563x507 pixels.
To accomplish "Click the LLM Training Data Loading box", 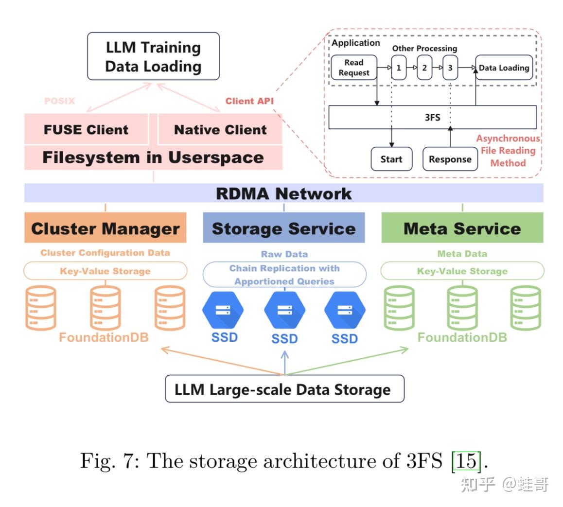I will point(153,56).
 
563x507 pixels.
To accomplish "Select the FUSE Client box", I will point(86,130).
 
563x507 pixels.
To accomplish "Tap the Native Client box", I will point(220,130).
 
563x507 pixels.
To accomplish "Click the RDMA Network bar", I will point(283,193).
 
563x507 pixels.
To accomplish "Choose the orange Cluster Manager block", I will point(105,228).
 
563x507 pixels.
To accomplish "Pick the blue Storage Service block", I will point(283,228).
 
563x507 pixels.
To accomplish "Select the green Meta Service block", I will point(462,228).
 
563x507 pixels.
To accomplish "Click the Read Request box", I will point(354,68).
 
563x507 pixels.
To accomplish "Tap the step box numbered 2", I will point(424,68).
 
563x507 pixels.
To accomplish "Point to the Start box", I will point(391,159).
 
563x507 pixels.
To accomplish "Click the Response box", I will point(450,159).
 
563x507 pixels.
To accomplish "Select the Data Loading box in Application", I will point(504,68).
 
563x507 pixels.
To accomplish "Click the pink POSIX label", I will point(59,101).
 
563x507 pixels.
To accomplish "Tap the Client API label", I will point(249,101).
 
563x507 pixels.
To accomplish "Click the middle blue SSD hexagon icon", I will point(284,310).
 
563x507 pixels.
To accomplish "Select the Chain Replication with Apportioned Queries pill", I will point(284,275).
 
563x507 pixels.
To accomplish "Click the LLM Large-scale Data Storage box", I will point(284,389).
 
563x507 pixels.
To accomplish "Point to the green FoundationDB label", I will point(462,337).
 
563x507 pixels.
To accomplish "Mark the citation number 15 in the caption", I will point(466,460).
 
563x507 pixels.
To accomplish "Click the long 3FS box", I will point(432,117).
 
